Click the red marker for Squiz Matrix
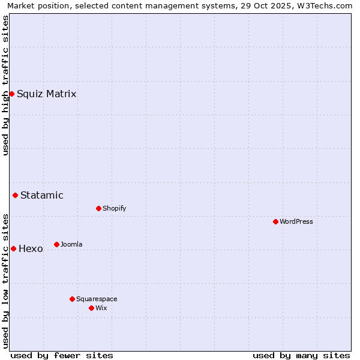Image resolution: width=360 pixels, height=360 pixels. (11, 94)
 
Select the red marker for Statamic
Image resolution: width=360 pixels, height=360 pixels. (15, 195)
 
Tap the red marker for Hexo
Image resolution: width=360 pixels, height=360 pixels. (13, 248)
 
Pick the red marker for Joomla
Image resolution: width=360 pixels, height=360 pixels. (56, 244)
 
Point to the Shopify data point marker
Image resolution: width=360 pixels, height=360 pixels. (98, 208)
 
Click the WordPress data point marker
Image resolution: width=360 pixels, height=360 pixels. (275, 221)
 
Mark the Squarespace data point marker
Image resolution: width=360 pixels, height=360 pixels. (72, 299)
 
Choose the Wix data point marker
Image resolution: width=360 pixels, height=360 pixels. (91, 308)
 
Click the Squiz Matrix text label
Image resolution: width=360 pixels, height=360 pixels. (46, 94)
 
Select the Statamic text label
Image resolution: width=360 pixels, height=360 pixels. (41, 195)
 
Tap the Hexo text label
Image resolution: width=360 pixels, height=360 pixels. (31, 248)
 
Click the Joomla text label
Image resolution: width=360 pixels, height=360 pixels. (71, 244)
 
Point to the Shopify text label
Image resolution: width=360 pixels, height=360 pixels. (114, 208)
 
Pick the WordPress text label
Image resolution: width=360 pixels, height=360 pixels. (296, 221)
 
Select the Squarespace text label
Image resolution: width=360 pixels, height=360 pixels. (97, 299)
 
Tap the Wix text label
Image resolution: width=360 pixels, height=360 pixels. (101, 308)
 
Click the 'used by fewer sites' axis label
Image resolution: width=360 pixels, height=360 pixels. (62, 355)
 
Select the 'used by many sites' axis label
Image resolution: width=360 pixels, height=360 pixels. (301, 355)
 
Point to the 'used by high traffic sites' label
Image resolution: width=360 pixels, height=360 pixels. (5, 85)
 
